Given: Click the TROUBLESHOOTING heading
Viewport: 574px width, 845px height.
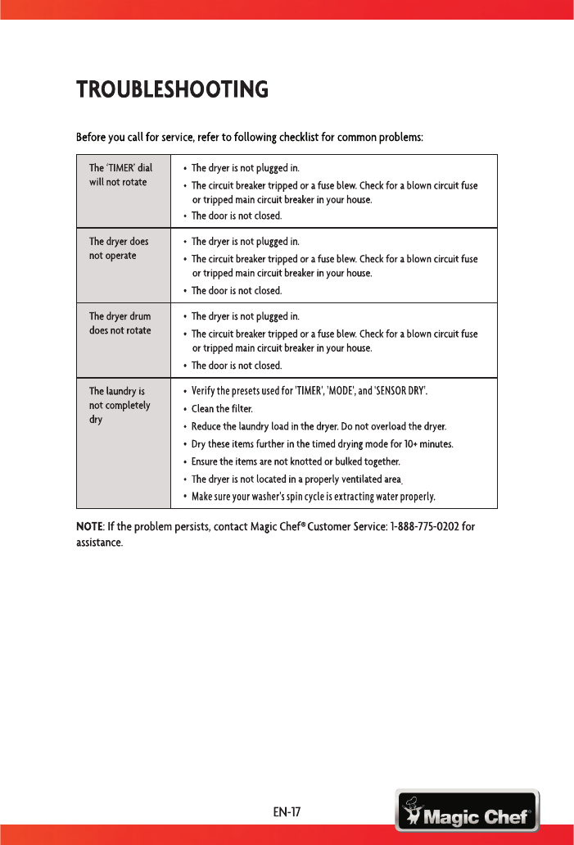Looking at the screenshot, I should click(x=172, y=89).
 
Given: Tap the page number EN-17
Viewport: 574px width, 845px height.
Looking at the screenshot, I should click(x=287, y=813).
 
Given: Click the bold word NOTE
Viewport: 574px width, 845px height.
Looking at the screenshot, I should click(x=89, y=525).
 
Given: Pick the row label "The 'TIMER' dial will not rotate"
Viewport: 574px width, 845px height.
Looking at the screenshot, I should click(x=120, y=175).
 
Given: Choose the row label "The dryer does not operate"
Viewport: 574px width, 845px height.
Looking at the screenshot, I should click(x=119, y=248).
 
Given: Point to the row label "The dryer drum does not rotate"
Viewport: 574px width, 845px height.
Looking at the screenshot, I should click(x=120, y=323).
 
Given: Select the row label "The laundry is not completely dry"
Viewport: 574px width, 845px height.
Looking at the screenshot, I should click(x=120, y=406).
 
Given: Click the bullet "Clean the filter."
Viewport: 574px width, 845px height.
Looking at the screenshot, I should click(x=222, y=408).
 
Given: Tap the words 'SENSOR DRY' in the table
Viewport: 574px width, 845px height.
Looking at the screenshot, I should click(x=400, y=390).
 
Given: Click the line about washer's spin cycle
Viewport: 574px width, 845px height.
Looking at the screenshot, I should click(x=313, y=497).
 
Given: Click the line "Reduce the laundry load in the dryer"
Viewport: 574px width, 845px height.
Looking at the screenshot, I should click(x=319, y=426).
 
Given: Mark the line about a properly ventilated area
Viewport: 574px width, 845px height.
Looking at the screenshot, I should click(x=296, y=479).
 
